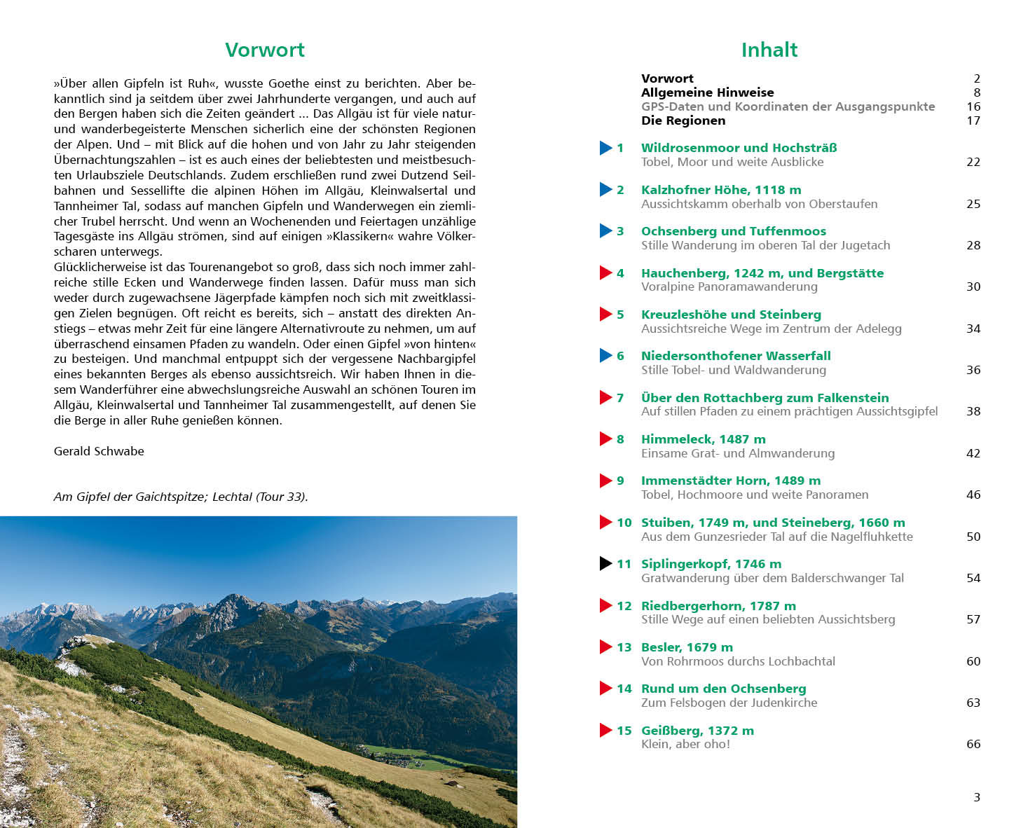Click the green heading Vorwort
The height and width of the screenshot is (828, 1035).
(264, 50)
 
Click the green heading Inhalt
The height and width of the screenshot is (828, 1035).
(769, 50)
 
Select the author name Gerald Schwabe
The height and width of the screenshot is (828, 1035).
(99, 451)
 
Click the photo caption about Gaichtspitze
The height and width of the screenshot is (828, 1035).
(181, 497)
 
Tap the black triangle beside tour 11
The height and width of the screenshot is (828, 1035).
(606, 564)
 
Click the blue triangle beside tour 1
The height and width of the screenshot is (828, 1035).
(606, 148)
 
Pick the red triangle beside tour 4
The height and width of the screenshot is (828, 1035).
(606, 273)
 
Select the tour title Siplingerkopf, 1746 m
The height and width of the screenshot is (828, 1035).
(711, 564)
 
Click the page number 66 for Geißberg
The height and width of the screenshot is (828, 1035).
(973, 744)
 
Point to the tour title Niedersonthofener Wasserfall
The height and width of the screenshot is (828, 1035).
(736, 356)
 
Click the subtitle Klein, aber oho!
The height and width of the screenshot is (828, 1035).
(685, 744)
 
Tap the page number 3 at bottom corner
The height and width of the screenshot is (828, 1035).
(977, 797)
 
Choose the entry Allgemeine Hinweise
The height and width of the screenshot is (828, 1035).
(707, 92)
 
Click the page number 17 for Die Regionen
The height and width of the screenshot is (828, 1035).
(973, 120)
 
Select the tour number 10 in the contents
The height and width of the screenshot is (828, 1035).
(624, 523)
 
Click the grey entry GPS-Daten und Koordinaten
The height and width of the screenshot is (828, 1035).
(788, 106)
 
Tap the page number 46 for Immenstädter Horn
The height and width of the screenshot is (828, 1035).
(973, 495)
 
